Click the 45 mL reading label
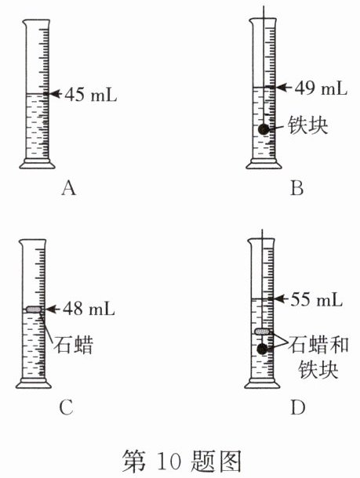pos(91,95)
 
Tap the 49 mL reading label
pos(321,88)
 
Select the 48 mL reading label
pos(89,309)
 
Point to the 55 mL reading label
pos(316,299)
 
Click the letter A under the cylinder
pos(69,188)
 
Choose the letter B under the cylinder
pos(296,188)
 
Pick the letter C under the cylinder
pos(66,407)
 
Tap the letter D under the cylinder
pos(298,407)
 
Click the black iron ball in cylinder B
pos(264,129)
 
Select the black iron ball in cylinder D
pos(262,349)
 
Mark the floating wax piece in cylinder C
pos(34,310)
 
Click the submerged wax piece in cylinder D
pos(263,331)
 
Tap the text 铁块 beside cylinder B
pos(308,125)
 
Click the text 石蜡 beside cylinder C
pos(73,345)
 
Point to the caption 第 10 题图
pos(182,461)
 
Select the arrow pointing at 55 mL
pos(281,299)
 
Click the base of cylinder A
pos(37,164)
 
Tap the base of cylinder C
pos(34,383)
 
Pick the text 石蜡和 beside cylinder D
pos(318,345)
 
